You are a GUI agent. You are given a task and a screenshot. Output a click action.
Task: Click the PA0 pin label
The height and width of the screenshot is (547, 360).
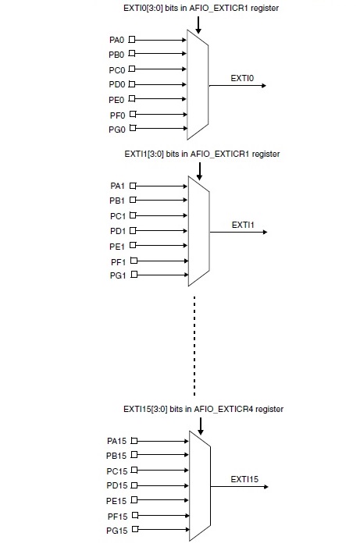pyautogui.click(x=116, y=40)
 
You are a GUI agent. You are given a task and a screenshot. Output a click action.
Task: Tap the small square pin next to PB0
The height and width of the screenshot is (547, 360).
pyautogui.click(x=132, y=53)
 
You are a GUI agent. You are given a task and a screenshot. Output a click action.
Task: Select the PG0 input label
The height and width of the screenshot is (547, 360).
pyautogui.click(x=117, y=130)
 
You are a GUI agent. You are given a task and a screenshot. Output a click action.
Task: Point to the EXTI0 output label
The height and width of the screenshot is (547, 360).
pyautogui.click(x=242, y=78)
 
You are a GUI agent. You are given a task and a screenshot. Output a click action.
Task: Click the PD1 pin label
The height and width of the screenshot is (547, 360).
pyautogui.click(x=118, y=231)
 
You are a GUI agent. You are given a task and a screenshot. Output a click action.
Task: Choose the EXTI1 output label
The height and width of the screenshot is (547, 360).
pyautogui.click(x=243, y=225)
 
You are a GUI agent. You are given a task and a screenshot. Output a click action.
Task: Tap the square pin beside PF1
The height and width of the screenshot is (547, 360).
pyautogui.click(x=134, y=261)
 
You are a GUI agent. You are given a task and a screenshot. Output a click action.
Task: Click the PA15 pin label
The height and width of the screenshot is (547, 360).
pyautogui.click(x=116, y=442)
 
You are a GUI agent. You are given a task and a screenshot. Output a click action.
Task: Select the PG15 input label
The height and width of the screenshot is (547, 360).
pyautogui.click(x=117, y=531)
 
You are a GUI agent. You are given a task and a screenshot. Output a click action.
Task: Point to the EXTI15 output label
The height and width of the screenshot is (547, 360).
pyautogui.click(x=244, y=479)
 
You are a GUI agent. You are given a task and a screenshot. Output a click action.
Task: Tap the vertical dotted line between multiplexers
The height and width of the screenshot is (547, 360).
pyautogui.click(x=194, y=346)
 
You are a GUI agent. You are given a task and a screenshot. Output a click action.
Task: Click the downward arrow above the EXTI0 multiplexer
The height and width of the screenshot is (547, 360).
pyautogui.click(x=198, y=25)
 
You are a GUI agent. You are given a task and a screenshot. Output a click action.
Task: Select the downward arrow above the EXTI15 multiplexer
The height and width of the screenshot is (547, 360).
pyautogui.click(x=201, y=426)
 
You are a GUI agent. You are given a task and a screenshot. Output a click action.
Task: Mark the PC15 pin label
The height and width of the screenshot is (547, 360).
pyautogui.click(x=117, y=471)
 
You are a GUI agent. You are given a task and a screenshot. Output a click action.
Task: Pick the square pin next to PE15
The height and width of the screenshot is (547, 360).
pyautogui.click(x=134, y=500)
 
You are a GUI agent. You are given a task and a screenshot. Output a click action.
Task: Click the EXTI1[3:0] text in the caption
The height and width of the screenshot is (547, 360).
pyautogui.click(x=144, y=154)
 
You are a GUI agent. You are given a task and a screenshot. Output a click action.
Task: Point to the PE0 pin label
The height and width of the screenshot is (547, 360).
pyautogui.click(x=116, y=100)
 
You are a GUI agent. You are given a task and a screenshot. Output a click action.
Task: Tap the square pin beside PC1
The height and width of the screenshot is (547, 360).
pyautogui.click(x=133, y=215)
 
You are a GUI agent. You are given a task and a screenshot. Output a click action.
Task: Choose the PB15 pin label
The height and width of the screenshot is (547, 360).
pyautogui.click(x=116, y=456)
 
